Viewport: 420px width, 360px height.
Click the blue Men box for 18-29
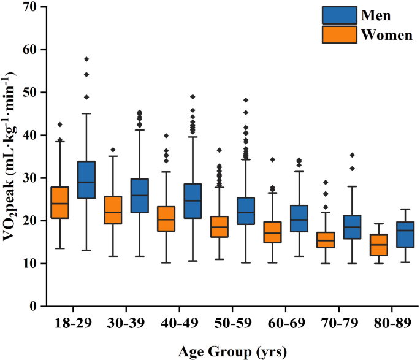coord(86,180)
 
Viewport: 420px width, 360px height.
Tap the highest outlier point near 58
coord(86,59)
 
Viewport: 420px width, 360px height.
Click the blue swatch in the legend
coord(340,15)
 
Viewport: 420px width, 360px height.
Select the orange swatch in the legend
coord(340,34)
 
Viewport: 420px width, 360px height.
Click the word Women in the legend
coord(387,35)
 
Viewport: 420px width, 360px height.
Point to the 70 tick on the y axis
coord(31,7)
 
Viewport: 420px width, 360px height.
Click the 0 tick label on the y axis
coord(35,306)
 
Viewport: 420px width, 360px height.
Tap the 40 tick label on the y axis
coord(31,135)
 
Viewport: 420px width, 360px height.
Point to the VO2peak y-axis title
coord(12,156)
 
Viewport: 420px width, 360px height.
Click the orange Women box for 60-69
coord(273,232)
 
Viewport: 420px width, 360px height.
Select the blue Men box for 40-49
coord(193,201)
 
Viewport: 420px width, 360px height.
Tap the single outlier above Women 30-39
coord(113,150)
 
